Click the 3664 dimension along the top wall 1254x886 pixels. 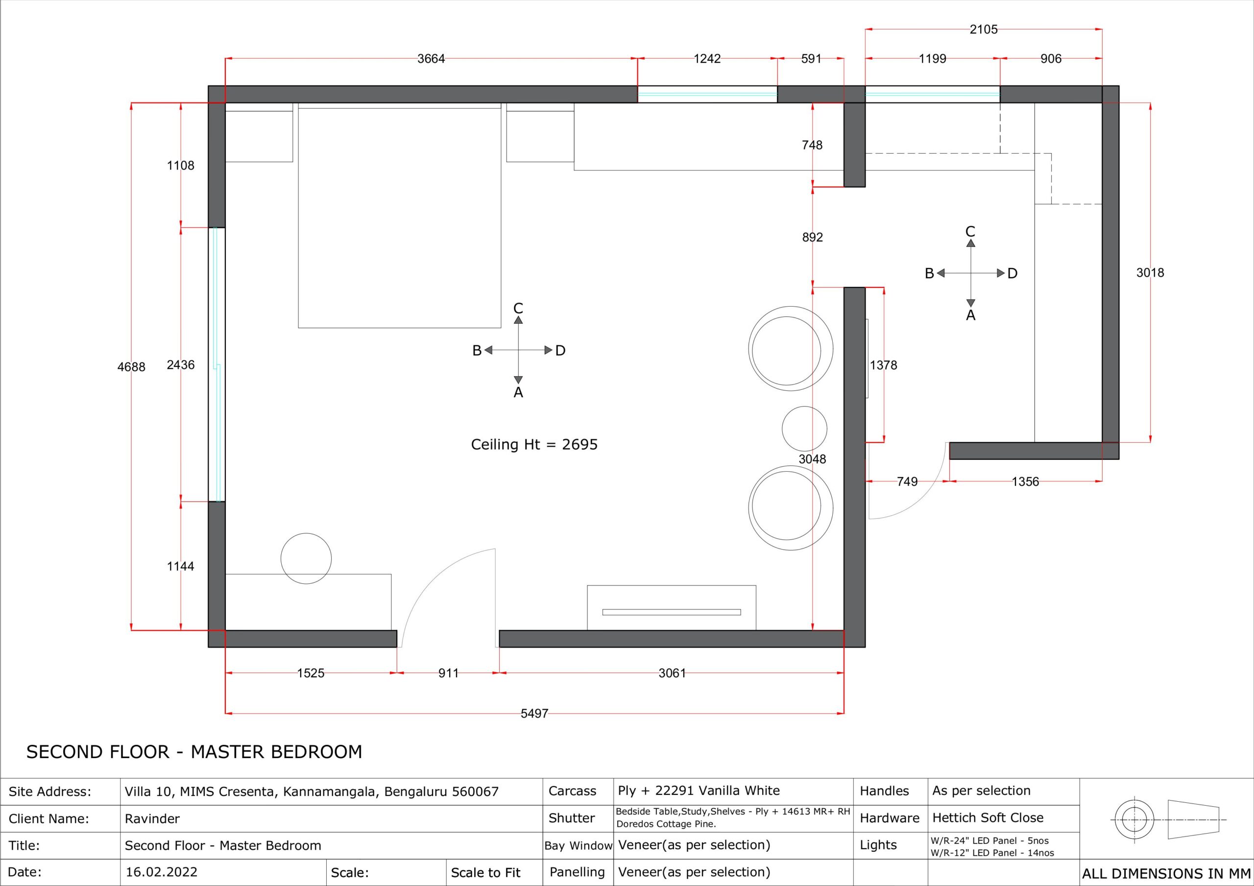point(431,59)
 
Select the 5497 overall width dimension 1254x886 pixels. point(534,714)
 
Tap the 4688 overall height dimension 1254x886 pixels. point(132,367)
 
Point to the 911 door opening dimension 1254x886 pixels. point(448,673)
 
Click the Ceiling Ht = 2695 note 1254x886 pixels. point(534,445)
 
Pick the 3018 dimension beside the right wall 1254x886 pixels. point(1150,273)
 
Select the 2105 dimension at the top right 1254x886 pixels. point(984,29)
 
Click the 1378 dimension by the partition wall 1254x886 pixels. point(884,365)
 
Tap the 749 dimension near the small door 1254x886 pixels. point(907,482)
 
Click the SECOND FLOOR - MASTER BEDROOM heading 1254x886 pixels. point(194,752)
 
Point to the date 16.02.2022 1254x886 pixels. point(162,872)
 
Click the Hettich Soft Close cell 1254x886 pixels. point(988,818)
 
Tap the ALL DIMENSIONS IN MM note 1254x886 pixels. point(1166,874)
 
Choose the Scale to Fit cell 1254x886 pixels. point(485,873)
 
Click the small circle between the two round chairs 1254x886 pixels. point(804,429)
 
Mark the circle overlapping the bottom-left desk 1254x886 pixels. point(306,534)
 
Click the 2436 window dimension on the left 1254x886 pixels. point(181,365)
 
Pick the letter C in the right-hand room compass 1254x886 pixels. point(970,232)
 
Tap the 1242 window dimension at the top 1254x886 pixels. point(707,59)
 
